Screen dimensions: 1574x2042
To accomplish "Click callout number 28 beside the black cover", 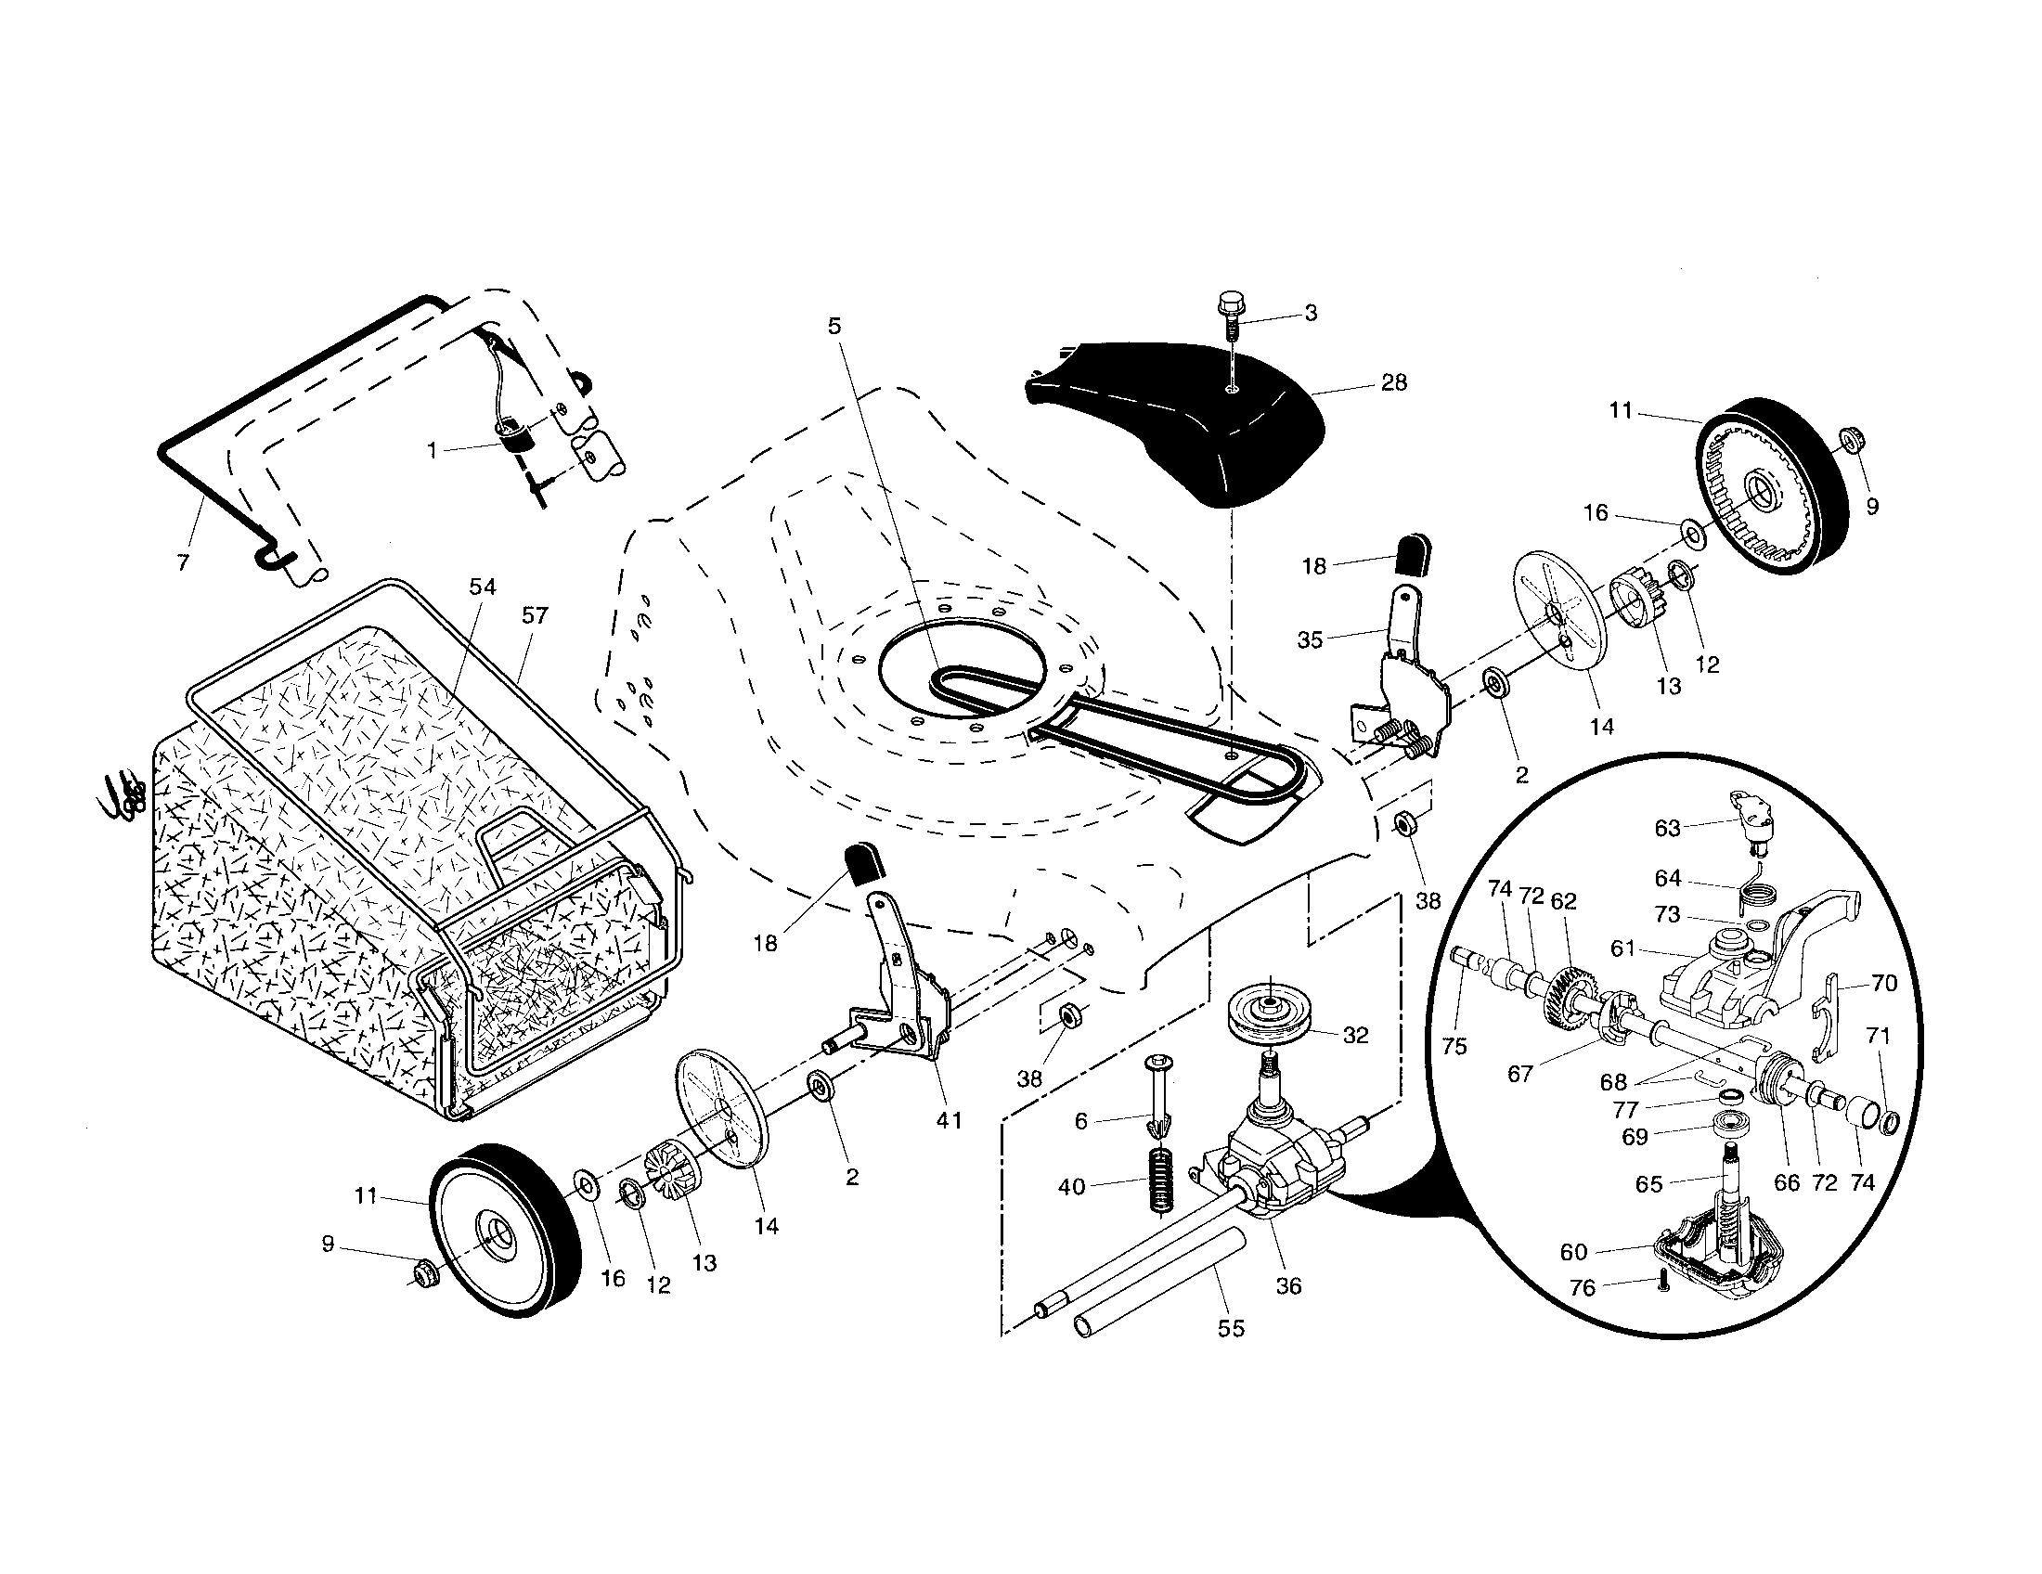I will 1393,383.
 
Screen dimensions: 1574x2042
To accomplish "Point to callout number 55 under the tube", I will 1231,1328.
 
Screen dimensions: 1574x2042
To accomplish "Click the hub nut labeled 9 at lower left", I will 424,1271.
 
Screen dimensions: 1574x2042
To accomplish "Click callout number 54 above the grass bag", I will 483,587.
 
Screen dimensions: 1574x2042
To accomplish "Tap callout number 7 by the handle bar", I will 183,562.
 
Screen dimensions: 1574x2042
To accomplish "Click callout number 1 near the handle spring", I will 432,450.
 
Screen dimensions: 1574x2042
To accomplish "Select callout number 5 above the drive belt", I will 834,325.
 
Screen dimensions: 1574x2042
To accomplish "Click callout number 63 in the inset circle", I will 1667,828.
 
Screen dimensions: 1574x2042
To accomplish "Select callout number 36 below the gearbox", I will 1288,1286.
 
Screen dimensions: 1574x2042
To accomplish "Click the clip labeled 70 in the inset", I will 1828,1019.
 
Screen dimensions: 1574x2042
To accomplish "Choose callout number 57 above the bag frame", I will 536,616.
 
